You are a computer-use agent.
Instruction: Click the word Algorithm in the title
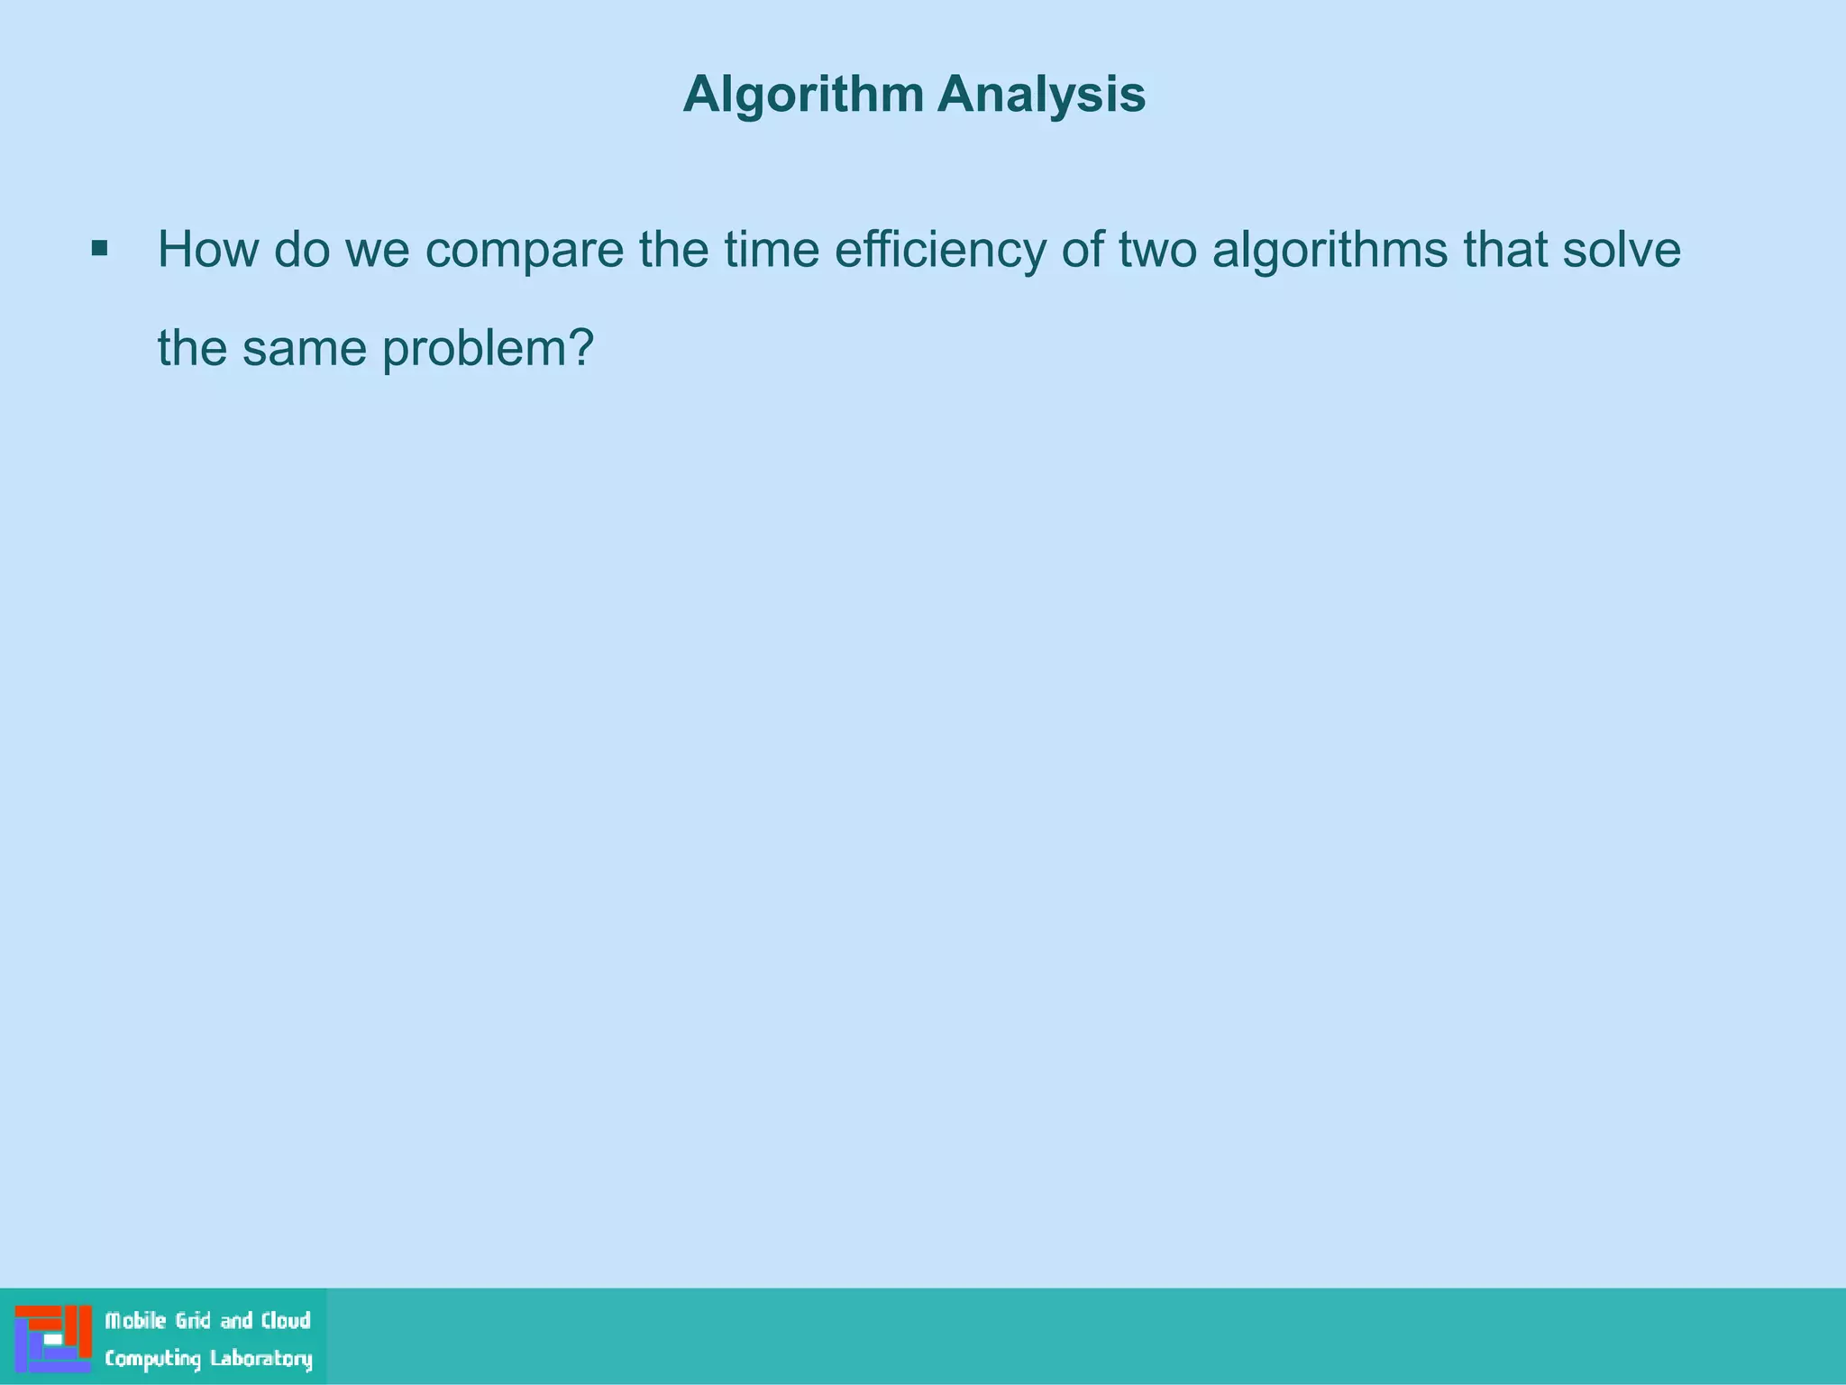point(803,95)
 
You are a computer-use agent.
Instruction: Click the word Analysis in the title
point(1041,94)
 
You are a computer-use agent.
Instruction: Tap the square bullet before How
point(100,248)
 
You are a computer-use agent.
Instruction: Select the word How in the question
point(208,250)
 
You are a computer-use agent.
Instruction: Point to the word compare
point(524,252)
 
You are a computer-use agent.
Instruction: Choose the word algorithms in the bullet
point(1330,251)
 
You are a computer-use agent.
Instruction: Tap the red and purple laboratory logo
point(53,1338)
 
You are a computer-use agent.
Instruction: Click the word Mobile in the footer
point(136,1321)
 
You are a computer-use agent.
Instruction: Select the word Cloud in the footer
point(286,1321)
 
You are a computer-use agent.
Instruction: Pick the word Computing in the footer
point(152,1359)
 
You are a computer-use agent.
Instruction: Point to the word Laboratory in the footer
point(260,1359)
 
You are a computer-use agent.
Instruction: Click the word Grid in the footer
point(193,1321)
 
